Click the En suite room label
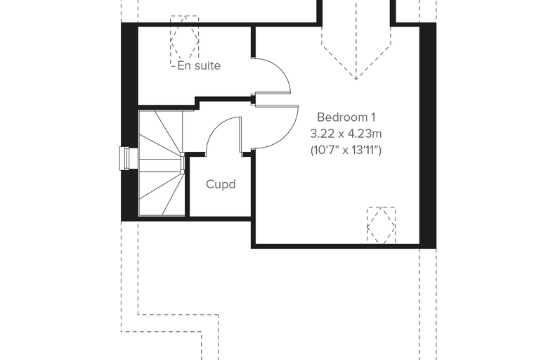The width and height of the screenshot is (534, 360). tap(199, 65)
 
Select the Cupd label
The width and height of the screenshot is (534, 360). tap(221, 184)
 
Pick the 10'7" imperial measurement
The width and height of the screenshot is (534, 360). tap(324, 150)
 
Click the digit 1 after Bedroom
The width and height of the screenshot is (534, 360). tap(373, 117)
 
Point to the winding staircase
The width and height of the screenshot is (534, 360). tap(162, 163)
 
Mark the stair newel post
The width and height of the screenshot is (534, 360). tap(183, 163)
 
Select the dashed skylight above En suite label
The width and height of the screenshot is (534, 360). tap(185, 41)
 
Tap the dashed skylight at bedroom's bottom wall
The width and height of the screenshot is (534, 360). tap(381, 226)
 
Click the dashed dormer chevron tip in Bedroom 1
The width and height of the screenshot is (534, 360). tap(356, 79)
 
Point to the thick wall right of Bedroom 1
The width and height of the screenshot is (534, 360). tap(428, 135)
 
